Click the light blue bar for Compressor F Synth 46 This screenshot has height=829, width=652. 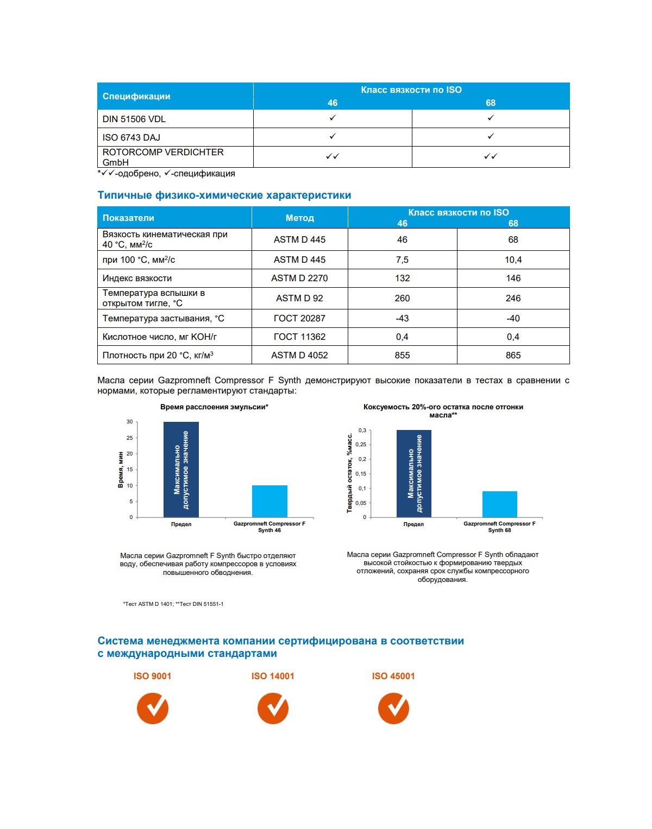point(269,501)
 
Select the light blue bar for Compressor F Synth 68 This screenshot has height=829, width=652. point(499,504)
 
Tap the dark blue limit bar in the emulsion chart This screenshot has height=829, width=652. point(181,470)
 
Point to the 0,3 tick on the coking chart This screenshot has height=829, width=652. point(362,431)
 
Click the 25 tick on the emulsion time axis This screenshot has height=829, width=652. point(130,438)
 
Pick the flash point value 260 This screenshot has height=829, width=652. point(402,298)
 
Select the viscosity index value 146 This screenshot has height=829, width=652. point(513,278)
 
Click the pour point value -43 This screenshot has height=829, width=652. point(402,318)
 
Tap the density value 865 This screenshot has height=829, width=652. point(513,355)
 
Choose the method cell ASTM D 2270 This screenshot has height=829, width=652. point(299,278)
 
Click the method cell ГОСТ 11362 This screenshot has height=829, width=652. point(299,337)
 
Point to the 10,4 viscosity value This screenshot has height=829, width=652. point(513,260)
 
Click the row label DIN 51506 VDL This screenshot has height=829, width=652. point(134,119)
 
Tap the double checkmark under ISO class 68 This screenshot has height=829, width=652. point(491,156)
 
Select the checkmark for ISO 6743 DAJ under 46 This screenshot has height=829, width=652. point(333,137)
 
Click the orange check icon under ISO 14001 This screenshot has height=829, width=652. point(273,708)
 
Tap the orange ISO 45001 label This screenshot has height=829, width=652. point(393,676)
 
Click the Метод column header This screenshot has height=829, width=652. point(299,218)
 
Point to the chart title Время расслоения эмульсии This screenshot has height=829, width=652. point(214,407)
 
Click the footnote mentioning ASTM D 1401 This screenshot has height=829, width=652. point(173,604)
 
